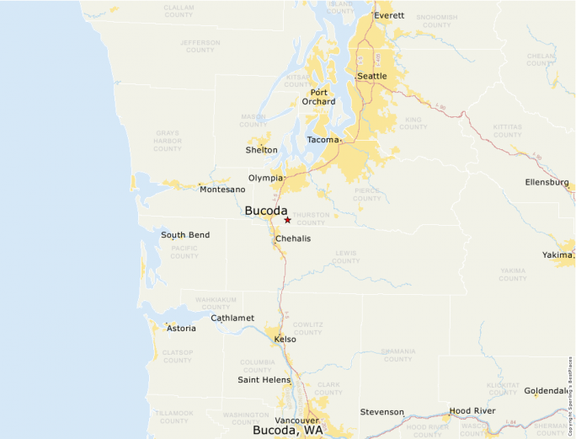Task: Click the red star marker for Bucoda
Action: [287, 220]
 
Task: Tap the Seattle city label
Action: [372, 76]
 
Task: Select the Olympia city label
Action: [266, 178]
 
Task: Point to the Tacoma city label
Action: [323, 140]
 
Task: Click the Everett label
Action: [389, 15]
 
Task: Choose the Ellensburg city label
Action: [547, 182]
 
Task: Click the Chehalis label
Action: [293, 238]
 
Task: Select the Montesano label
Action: [222, 190]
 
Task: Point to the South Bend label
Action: [185, 235]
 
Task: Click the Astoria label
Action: [181, 328]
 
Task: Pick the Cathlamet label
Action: [232, 318]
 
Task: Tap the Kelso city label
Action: [285, 339]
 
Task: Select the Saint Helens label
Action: [264, 379]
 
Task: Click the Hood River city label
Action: [472, 410]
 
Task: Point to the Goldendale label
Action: [547, 391]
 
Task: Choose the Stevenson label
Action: [382, 412]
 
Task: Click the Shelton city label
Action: [261, 150]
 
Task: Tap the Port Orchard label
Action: [318, 97]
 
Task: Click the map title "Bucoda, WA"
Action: [287, 430]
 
